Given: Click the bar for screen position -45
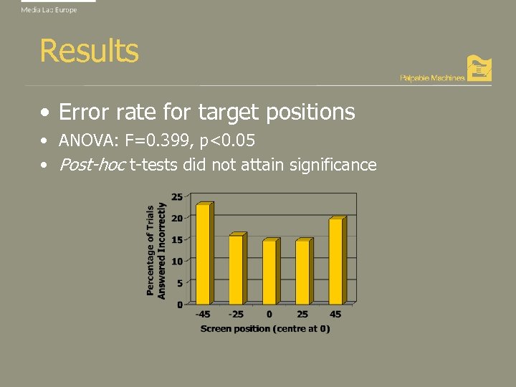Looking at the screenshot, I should click(x=204, y=254).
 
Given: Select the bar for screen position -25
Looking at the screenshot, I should click(x=236, y=269).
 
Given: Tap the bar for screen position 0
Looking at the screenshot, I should click(x=269, y=272).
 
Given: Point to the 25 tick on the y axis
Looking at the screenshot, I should click(x=176, y=196).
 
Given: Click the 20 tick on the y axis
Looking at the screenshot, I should click(x=176, y=217).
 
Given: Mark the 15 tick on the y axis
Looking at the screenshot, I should click(x=176, y=239).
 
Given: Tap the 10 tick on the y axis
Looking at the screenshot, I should click(x=176, y=261).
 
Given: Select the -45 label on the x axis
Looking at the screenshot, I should click(x=204, y=314).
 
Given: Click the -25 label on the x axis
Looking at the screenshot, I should click(x=236, y=314).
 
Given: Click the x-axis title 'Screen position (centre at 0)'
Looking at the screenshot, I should click(x=265, y=328).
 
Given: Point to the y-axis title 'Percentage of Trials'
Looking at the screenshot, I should click(x=150, y=250).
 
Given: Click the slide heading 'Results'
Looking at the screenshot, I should click(x=89, y=51).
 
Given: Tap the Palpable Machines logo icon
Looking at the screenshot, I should click(x=479, y=68).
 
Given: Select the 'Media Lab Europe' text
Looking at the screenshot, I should click(x=49, y=10).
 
